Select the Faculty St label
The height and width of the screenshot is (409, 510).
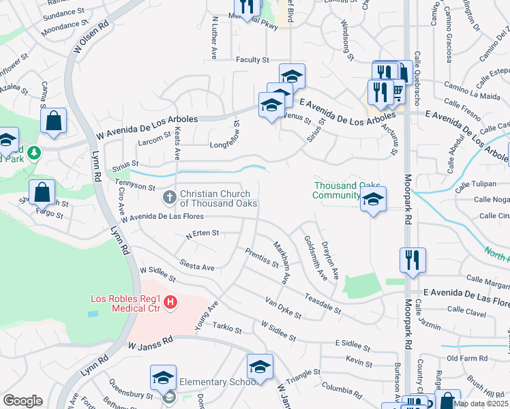(253, 60)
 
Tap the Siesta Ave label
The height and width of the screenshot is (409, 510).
(197, 263)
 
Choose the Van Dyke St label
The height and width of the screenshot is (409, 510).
(284, 308)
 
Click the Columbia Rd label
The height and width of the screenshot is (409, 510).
(342, 389)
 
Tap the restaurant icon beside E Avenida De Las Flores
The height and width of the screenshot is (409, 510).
(413, 260)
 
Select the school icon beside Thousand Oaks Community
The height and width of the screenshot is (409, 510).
(373, 199)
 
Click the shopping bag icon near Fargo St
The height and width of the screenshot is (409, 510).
(42, 192)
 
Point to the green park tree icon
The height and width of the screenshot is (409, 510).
(33, 151)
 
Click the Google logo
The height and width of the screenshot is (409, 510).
(22, 401)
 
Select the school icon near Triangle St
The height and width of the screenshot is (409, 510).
(260, 367)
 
